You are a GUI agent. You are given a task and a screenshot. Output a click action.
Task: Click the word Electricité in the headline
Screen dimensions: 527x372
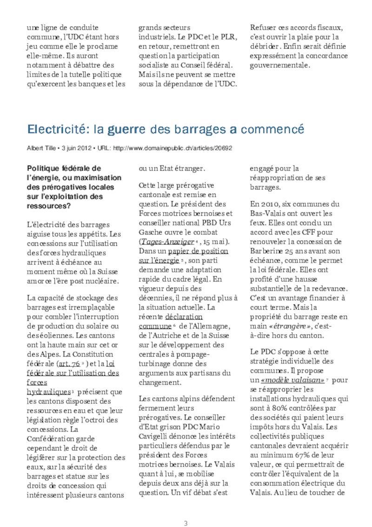(x=55, y=128)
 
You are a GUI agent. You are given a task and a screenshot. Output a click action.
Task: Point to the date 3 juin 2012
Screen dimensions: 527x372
(x=75, y=148)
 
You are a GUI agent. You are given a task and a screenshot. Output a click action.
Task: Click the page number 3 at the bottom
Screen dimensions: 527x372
(x=186, y=523)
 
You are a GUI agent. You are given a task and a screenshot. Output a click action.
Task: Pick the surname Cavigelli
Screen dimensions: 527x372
(x=158, y=436)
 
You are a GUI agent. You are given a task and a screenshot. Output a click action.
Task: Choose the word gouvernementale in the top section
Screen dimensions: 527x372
(x=279, y=65)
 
